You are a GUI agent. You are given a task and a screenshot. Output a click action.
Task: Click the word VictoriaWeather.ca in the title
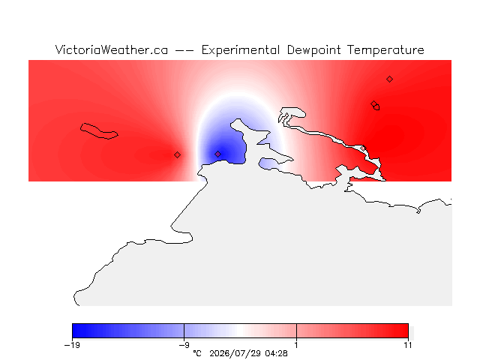(x=112, y=50)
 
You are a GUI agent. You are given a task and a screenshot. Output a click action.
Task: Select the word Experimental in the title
(x=241, y=50)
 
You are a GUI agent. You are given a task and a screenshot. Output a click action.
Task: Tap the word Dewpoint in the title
(x=313, y=50)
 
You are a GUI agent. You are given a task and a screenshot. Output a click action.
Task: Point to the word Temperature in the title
(x=385, y=50)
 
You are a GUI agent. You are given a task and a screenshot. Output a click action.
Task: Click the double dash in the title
(x=184, y=50)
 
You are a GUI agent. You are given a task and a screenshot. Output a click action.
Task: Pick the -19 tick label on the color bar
(x=72, y=345)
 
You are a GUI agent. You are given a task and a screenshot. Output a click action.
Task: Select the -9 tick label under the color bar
(x=184, y=345)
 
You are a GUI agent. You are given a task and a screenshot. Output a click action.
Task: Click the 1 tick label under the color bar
(x=296, y=345)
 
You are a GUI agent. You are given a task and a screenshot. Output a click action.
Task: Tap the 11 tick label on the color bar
(x=408, y=345)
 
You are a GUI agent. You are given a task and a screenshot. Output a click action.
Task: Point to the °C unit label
(x=197, y=353)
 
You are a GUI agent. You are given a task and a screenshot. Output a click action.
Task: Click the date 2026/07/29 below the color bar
(x=235, y=353)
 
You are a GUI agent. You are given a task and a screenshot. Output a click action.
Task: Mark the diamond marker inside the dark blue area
(x=217, y=154)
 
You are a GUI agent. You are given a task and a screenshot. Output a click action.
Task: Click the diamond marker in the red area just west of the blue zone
(x=177, y=155)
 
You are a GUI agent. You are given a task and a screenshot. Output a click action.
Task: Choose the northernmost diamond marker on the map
(x=389, y=79)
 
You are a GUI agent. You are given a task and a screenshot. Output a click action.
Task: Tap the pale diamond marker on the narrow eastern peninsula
(x=363, y=148)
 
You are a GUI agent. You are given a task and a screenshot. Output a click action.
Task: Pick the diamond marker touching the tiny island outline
(x=373, y=104)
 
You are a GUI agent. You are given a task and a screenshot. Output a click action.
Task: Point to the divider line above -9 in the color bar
(x=184, y=331)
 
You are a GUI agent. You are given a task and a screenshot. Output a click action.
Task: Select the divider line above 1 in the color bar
(x=296, y=331)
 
